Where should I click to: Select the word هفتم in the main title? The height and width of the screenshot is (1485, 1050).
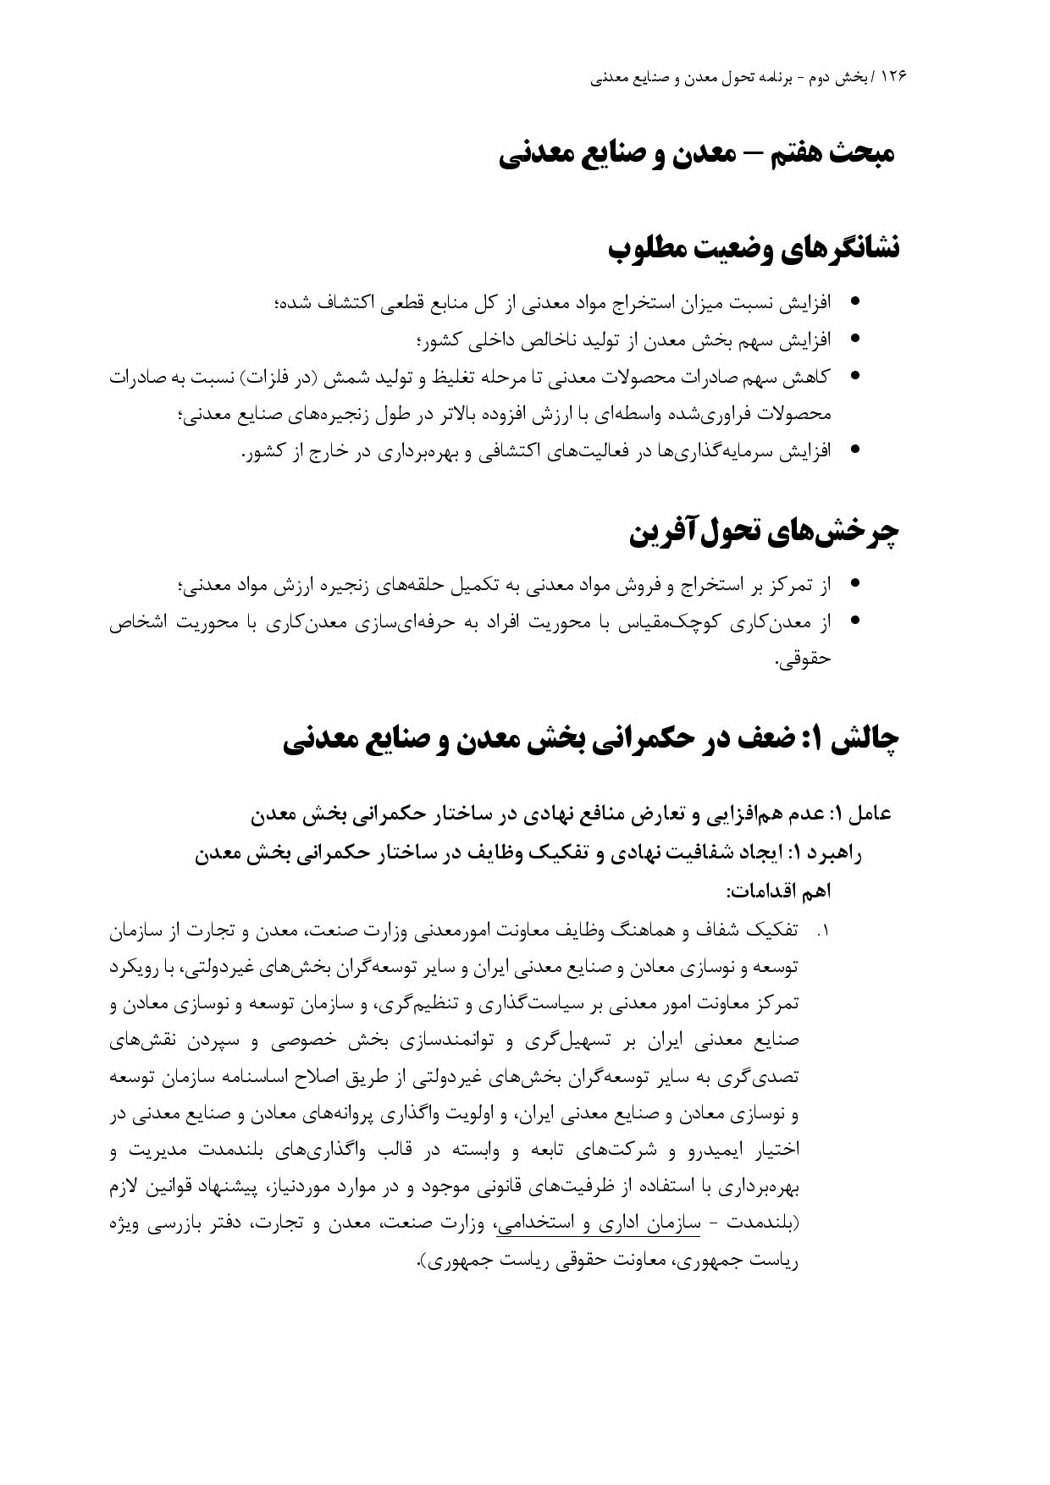tap(784, 155)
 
